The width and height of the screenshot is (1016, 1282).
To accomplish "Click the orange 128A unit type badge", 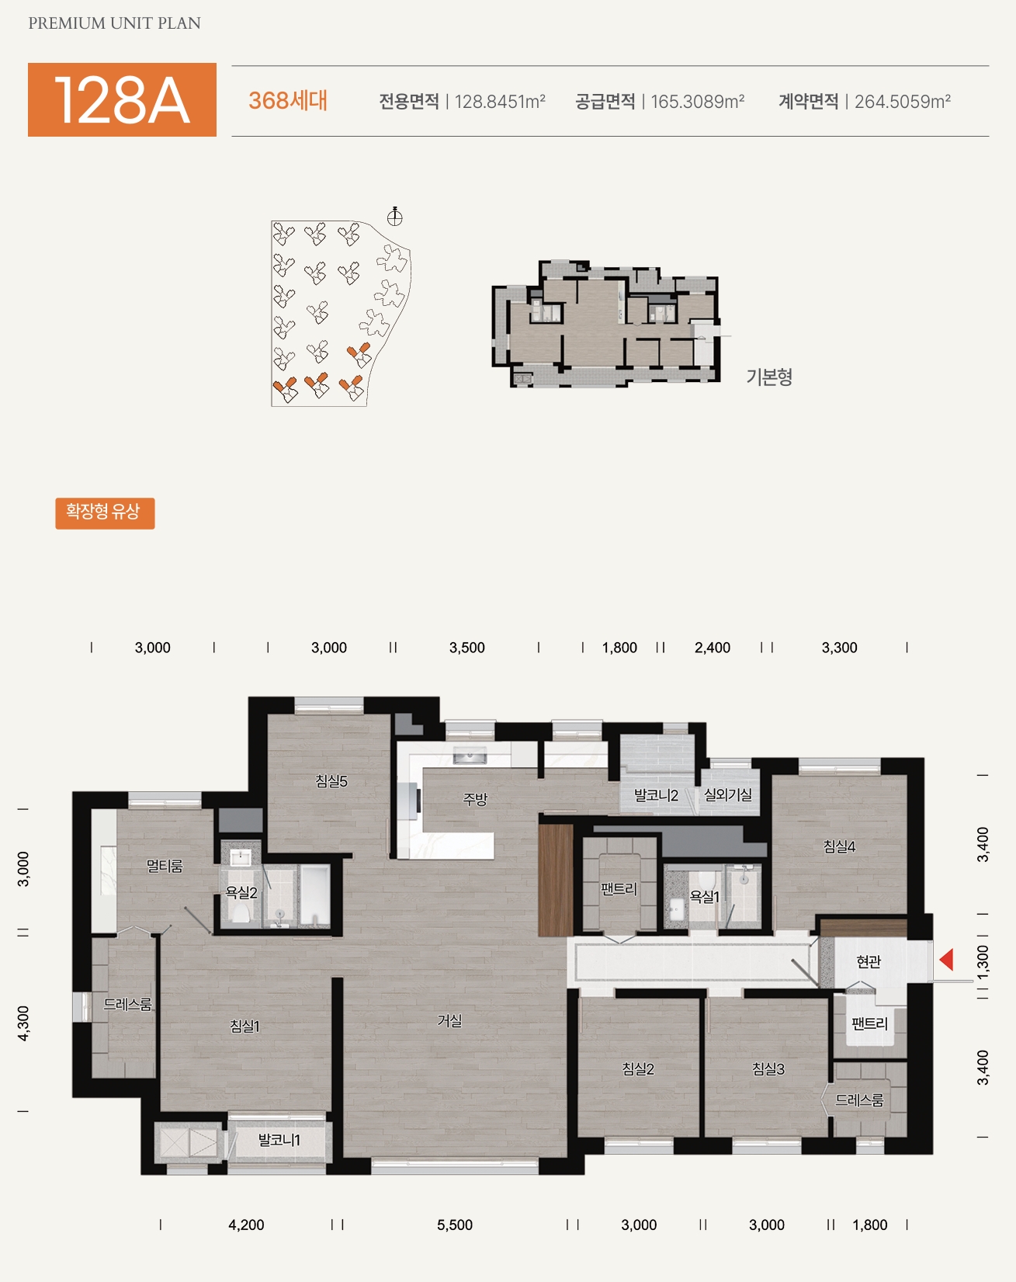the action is coord(122,99).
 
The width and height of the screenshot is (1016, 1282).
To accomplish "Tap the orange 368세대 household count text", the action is coord(288,101).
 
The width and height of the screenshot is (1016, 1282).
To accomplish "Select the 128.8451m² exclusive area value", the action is coord(500,102).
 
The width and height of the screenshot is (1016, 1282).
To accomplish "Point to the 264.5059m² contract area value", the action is coord(903,102).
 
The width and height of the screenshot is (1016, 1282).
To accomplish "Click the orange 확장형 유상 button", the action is coord(105,513).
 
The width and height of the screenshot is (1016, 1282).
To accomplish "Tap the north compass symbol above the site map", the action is coord(395,216).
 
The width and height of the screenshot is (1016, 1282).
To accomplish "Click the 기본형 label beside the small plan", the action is coord(769,377).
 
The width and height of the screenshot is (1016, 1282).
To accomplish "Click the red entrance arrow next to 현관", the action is coord(946,960).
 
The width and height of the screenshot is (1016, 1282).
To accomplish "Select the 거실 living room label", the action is coord(450,1020).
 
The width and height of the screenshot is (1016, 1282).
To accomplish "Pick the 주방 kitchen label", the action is coord(475,798).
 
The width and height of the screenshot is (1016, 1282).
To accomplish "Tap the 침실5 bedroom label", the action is coord(331,781).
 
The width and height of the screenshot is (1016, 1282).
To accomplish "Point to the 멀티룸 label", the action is coord(165,865).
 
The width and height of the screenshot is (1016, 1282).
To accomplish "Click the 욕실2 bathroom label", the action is coord(241,893).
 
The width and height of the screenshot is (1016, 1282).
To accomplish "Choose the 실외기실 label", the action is coord(728,794).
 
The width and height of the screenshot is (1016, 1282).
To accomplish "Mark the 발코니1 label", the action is coord(279,1140).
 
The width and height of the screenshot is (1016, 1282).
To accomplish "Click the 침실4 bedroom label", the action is coord(840,846).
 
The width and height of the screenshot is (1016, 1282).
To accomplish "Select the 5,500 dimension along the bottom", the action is coord(455,1225).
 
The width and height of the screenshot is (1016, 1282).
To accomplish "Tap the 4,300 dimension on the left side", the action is coord(23,1023).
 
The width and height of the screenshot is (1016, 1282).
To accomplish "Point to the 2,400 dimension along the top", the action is coord(713,648).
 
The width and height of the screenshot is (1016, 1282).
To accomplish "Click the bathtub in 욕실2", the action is coord(315,896).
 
